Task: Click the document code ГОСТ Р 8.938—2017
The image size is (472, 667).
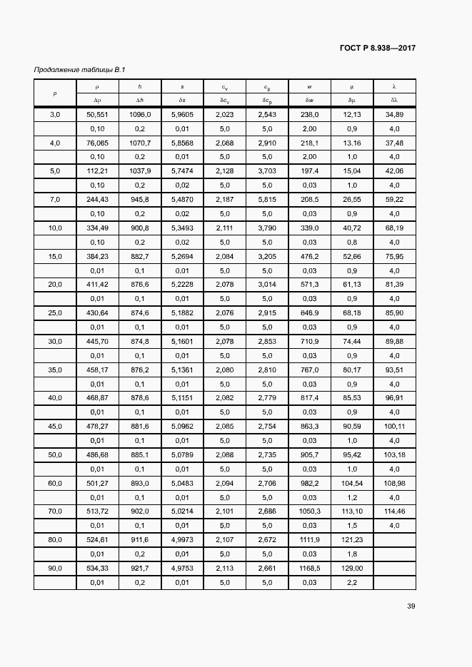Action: pyautogui.click(x=378, y=49)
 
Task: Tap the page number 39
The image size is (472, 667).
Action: pyautogui.click(x=411, y=606)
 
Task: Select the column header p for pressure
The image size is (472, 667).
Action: pyautogui.click(x=55, y=93)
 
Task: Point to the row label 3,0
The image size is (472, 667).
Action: pyautogui.click(x=55, y=115)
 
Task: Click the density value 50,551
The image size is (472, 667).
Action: pyautogui.click(x=97, y=115)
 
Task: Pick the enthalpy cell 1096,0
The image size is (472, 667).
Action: pyautogui.click(x=139, y=115)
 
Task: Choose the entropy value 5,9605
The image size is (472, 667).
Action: pyautogui.click(x=182, y=115)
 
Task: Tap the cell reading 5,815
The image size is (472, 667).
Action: pyautogui.click(x=267, y=200)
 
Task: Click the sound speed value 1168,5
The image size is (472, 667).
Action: pyautogui.click(x=309, y=569)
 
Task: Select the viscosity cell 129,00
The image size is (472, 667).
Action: pyautogui.click(x=352, y=569)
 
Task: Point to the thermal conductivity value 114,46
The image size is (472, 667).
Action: pyautogui.click(x=394, y=511)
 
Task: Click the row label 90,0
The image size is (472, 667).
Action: pyautogui.click(x=55, y=569)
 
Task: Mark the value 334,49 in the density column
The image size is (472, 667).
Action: pyautogui.click(x=97, y=228)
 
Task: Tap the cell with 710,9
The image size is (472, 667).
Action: pyautogui.click(x=309, y=342)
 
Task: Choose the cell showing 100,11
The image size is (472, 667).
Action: pyautogui.click(x=394, y=427)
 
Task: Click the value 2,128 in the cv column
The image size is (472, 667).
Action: pyautogui.click(x=224, y=172)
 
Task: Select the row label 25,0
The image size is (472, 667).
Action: pyautogui.click(x=55, y=313)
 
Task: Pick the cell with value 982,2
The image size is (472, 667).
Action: pyautogui.click(x=309, y=484)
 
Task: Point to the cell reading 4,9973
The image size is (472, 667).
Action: pyautogui.click(x=182, y=540)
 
